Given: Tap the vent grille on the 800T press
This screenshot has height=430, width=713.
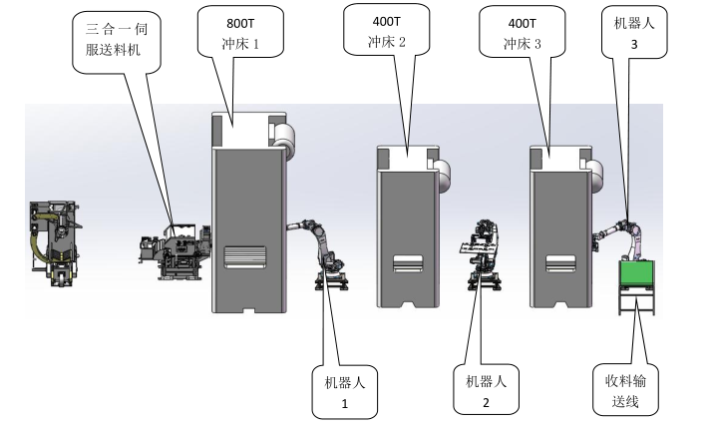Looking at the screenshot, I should [245, 257].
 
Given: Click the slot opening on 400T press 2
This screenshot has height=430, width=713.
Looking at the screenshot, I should [407, 264].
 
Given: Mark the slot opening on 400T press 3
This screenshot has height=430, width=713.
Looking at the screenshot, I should [559, 264].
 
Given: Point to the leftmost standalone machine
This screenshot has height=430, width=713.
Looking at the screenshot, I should [56, 242].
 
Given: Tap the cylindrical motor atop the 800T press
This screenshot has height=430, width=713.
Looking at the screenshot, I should [286, 139].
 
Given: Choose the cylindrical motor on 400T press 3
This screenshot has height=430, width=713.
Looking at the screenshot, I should [595, 173].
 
